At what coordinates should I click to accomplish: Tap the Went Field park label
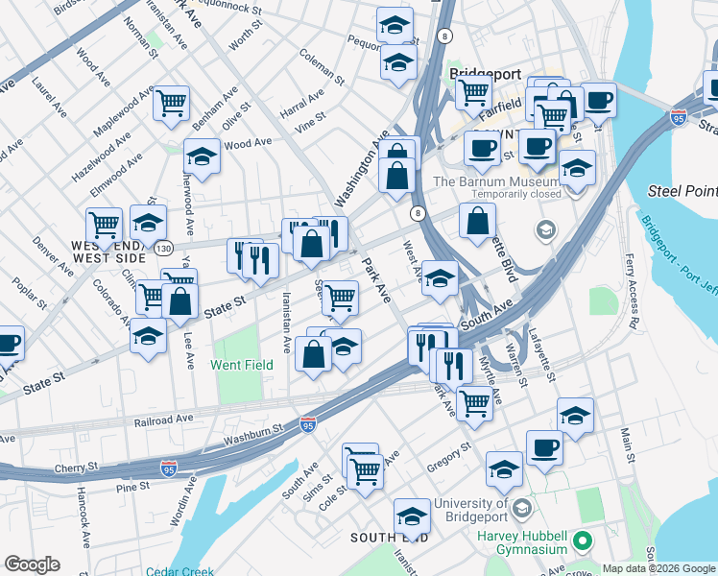[243, 365]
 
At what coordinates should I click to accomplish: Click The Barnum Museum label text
[495, 181]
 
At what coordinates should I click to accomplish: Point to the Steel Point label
[683, 191]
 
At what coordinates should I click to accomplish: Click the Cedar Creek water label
[179, 571]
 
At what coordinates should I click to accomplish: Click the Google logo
[32, 564]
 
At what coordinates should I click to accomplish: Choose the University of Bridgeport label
[471, 510]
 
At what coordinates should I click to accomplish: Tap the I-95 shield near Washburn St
[308, 423]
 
